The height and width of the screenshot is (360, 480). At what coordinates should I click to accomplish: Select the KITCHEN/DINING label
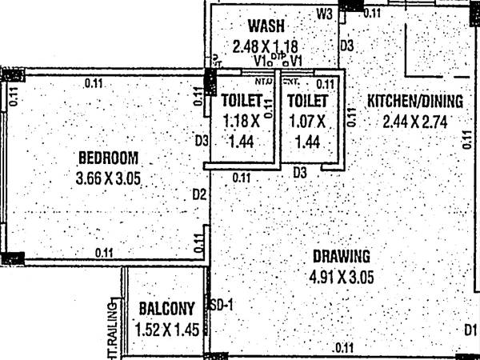[x=415, y=101]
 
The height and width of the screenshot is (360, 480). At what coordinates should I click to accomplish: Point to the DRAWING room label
[x=342, y=257]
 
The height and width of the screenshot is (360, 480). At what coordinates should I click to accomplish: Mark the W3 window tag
[x=324, y=14]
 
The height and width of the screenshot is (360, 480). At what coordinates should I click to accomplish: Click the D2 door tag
[x=199, y=194]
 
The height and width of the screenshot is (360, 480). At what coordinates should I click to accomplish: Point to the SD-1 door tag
[x=220, y=305]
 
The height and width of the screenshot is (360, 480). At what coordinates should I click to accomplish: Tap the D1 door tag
[x=470, y=330]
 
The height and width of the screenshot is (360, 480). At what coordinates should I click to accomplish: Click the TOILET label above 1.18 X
[x=242, y=102]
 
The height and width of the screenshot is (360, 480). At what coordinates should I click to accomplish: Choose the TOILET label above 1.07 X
[x=307, y=102]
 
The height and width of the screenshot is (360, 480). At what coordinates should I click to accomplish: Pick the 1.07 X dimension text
[x=306, y=122]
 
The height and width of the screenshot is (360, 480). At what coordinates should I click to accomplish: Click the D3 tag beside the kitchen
[x=346, y=46]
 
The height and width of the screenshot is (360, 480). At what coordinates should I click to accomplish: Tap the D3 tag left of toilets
[x=202, y=142]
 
